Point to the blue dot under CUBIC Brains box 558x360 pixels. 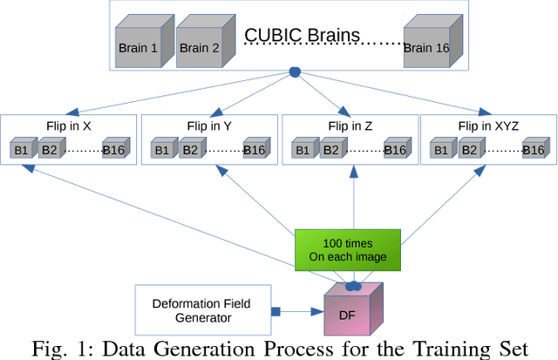tap(295, 71)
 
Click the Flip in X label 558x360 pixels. tap(70, 126)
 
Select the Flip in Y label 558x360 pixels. tap(209, 126)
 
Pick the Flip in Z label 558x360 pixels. tap(350, 126)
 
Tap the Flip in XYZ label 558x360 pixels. tap(488, 126)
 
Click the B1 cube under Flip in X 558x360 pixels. tap(21, 150)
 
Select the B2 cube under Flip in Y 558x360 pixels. tap(187, 150)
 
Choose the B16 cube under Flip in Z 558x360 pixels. tap(396, 150)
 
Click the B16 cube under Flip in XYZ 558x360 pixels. tap(535, 150)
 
